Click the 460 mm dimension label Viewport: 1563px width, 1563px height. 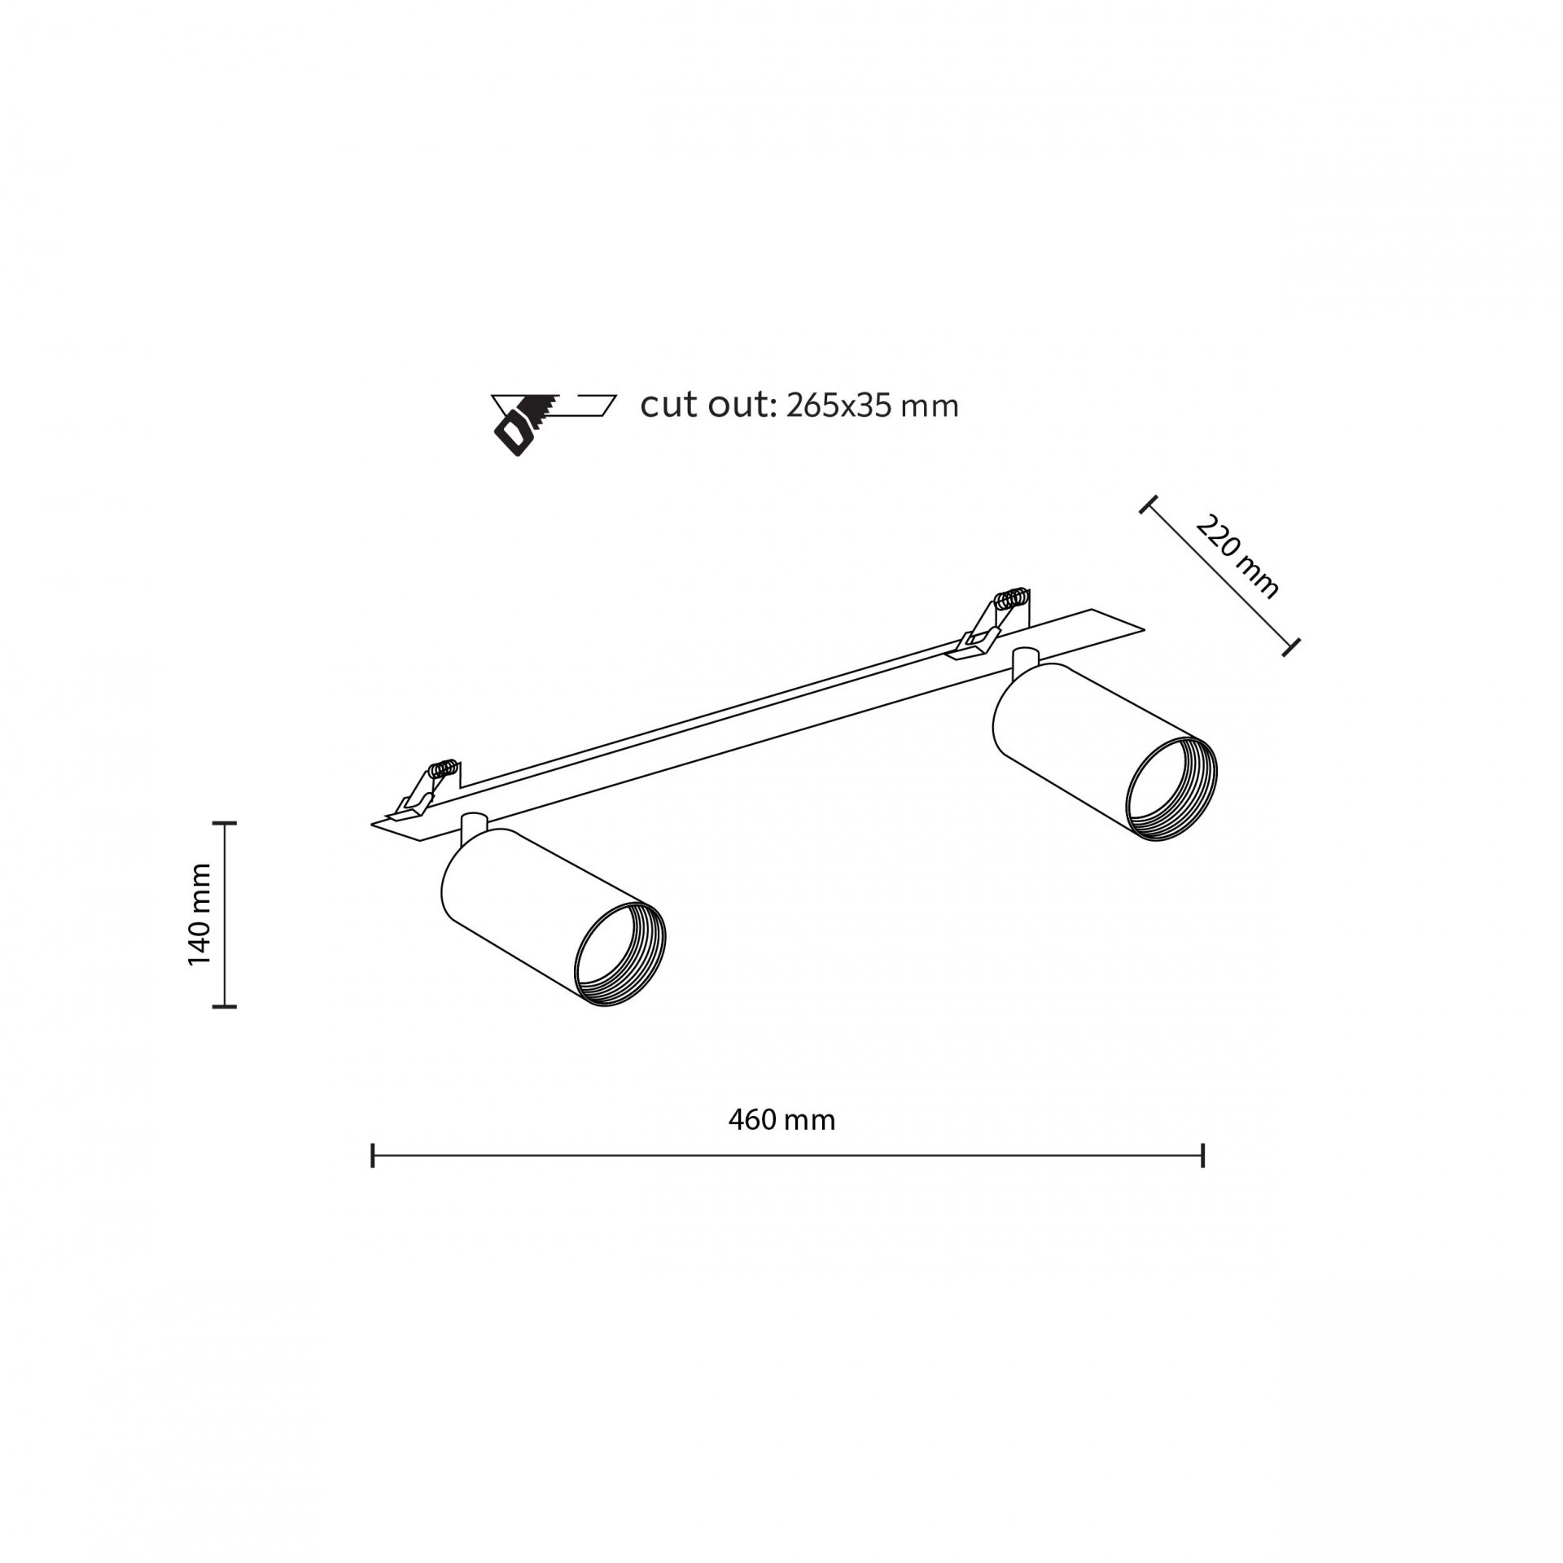pyautogui.click(x=781, y=1120)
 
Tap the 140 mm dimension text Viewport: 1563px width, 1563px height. pyautogui.click(x=199, y=915)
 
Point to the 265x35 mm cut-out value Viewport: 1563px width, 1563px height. pyautogui.click(x=872, y=406)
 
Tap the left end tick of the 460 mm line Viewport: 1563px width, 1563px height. pyautogui.click(x=373, y=1155)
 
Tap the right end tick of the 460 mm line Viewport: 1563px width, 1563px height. pyautogui.click(x=1202, y=1155)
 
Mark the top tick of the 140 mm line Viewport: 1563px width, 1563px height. pyautogui.click(x=224, y=824)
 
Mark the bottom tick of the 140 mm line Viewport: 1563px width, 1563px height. pyautogui.click(x=224, y=1007)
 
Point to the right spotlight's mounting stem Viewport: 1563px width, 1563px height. pyautogui.click(x=1024, y=662)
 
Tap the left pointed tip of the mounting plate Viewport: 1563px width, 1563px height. pyautogui.click(x=372, y=824)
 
